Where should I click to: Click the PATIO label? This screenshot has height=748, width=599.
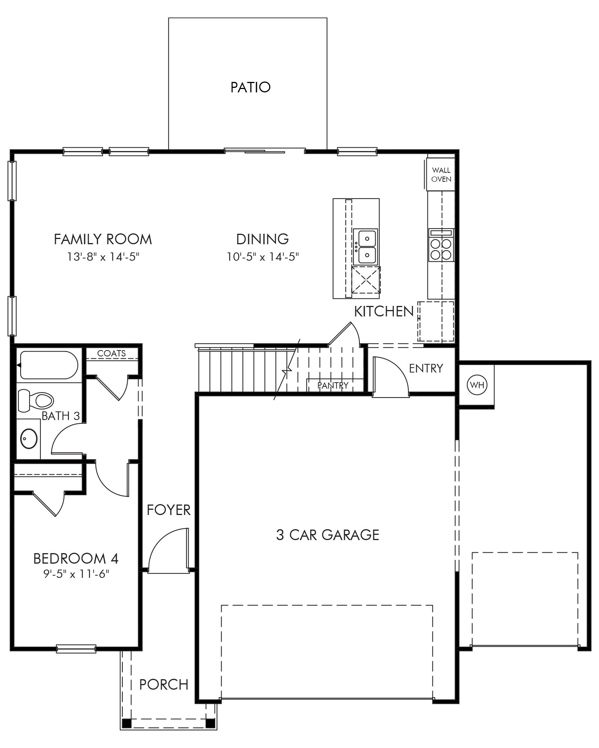(250, 87)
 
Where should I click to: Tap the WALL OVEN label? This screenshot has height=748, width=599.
(441, 175)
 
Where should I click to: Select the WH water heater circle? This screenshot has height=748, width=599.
(477, 385)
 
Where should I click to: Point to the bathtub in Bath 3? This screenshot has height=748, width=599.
(49, 365)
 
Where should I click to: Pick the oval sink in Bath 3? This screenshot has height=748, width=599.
(29, 438)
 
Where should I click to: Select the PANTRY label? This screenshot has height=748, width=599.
(333, 385)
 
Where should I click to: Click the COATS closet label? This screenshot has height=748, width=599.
(111, 353)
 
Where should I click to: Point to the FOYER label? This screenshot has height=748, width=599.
(168, 510)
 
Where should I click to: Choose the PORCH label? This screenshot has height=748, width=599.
(164, 684)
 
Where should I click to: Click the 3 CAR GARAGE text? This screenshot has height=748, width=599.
(328, 535)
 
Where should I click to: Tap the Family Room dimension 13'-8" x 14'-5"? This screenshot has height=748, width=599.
(103, 257)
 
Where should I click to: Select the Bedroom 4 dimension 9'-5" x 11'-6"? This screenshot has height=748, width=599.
(76, 574)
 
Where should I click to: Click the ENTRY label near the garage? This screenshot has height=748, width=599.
(426, 368)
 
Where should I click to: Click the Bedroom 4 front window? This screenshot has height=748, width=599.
(76, 649)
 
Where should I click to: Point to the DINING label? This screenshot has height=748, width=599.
(262, 239)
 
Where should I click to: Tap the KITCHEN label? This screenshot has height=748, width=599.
(384, 311)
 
